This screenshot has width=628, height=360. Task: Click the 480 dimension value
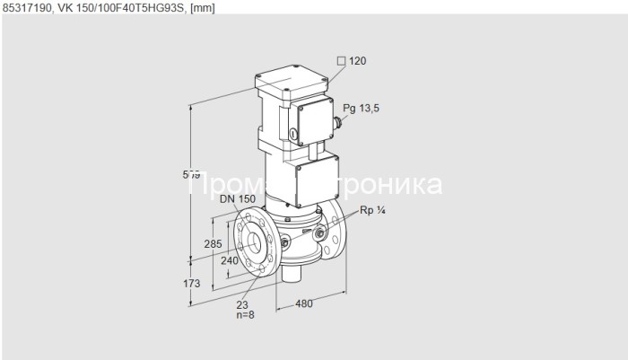tap(305, 303)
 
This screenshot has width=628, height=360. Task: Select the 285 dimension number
tap(213, 243)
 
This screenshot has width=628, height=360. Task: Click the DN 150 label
tap(237, 199)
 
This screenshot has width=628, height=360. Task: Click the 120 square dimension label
tap(356, 61)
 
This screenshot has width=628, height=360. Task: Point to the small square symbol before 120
tap(340, 61)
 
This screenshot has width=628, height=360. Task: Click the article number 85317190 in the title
tap(26, 8)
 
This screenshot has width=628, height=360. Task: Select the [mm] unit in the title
tap(202, 8)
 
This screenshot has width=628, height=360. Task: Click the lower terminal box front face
tap(318, 178)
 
